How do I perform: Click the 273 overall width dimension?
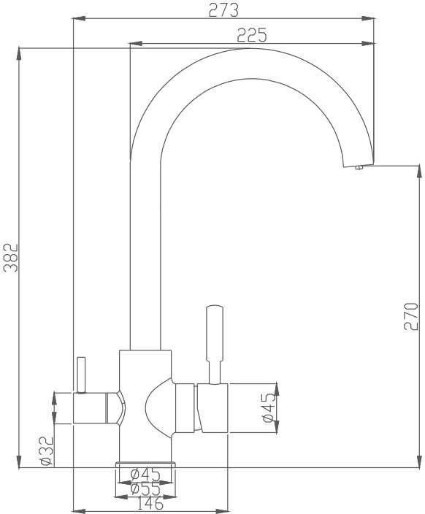click(x=223, y=10)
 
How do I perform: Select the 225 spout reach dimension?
click(x=252, y=35)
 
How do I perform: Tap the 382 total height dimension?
click(x=11, y=257)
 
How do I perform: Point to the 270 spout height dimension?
click(x=411, y=316)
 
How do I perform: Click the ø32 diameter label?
click(x=46, y=450)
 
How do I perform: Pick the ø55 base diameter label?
click(x=145, y=489)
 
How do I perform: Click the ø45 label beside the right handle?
click(x=269, y=407)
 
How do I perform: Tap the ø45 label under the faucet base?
click(x=145, y=475)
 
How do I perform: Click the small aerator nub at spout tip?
click(x=359, y=167)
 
